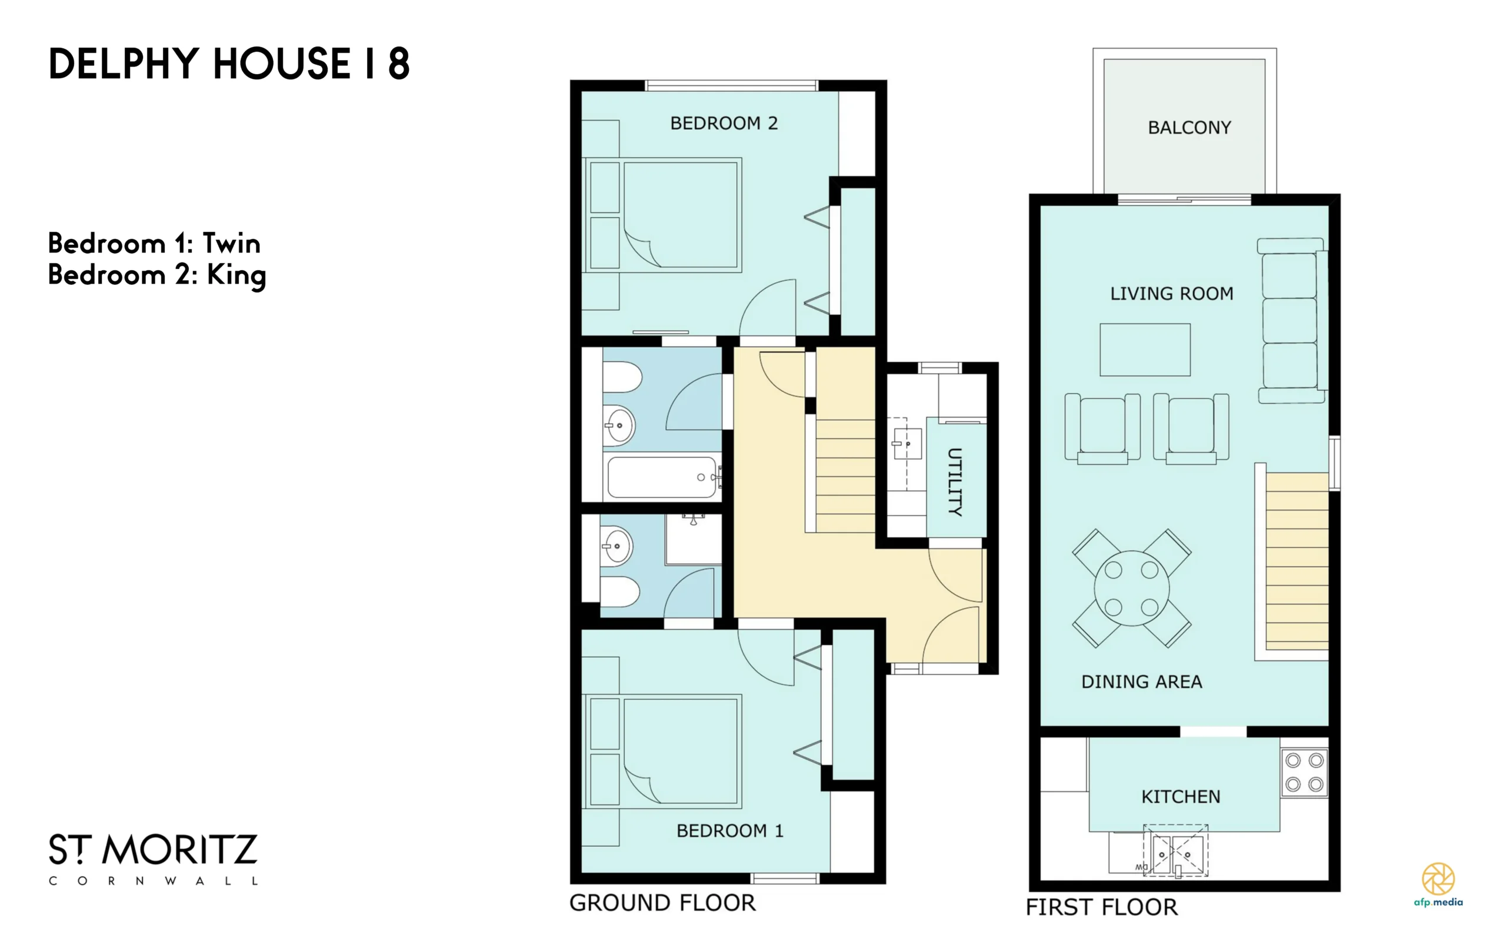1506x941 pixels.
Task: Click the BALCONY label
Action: point(1190,128)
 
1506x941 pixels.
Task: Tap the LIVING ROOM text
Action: point(1172,294)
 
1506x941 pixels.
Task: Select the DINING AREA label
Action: point(1141,682)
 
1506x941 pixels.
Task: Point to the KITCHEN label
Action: point(1181,797)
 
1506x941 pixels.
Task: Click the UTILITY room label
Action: point(955,482)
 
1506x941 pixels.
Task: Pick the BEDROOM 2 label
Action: point(724,123)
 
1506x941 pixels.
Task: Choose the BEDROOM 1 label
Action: point(729,831)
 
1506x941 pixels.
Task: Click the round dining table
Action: point(1131,588)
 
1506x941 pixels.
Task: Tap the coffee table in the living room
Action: point(1145,350)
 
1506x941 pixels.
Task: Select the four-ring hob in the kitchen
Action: point(1304,772)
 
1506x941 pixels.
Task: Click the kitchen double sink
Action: point(1175,851)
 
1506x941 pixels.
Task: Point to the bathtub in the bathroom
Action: point(662,477)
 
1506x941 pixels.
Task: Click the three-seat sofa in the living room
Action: point(1291,321)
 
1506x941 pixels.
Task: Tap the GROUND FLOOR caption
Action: point(662,903)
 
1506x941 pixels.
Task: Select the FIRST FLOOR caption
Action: point(1102,907)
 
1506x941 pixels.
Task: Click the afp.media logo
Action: point(1438,884)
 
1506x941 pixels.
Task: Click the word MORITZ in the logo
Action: point(179,850)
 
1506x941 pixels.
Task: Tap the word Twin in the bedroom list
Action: point(231,243)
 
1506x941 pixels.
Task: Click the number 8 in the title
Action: point(399,64)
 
